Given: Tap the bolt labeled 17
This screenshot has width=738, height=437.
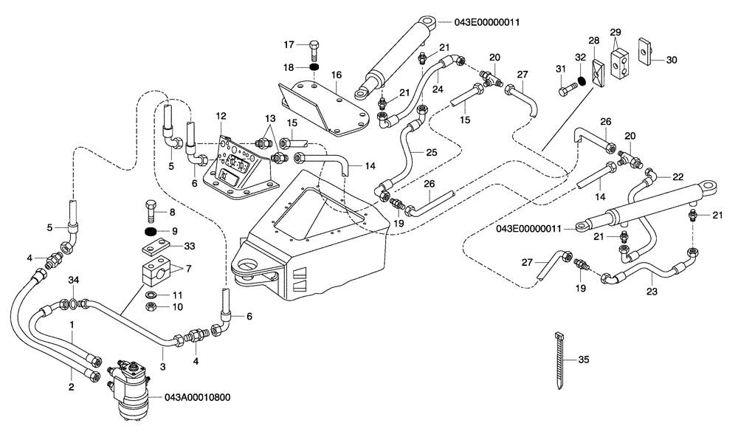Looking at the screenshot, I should [313, 49].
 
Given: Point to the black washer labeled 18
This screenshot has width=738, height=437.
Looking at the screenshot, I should [313, 68].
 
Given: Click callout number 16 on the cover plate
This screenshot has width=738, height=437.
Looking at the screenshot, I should [336, 75].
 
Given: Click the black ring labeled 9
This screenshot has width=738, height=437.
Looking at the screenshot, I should [152, 232].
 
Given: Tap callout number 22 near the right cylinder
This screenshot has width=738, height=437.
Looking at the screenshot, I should [678, 176].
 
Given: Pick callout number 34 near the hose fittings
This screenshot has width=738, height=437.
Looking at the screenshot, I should [72, 280].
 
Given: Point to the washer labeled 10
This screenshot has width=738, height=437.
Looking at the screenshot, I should [151, 307].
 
